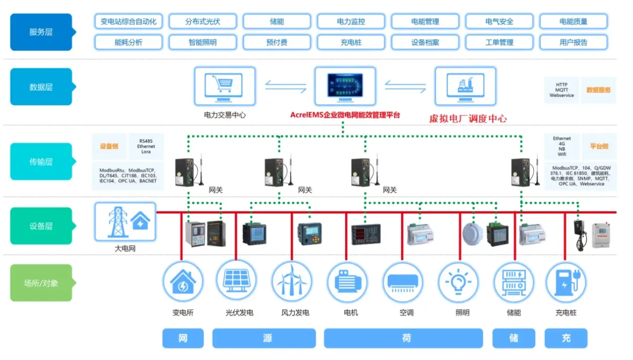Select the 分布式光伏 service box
point(203,22)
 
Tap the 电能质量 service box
point(573,22)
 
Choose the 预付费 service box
point(277,42)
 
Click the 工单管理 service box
point(499,42)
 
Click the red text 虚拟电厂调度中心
point(468,119)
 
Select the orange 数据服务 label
point(598,90)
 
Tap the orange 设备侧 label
point(109,147)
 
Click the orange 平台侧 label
point(599,147)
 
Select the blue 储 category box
point(513,338)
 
